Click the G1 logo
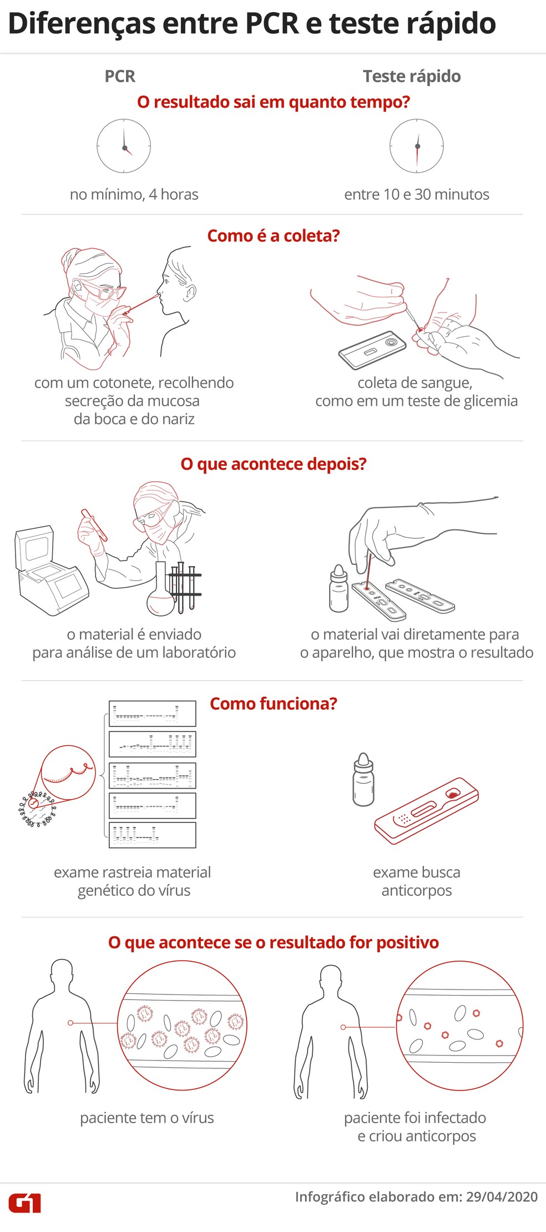(24, 1203)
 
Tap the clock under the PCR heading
(124, 146)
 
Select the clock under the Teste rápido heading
(417, 146)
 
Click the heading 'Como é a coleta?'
(273, 236)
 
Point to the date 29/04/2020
(502, 1196)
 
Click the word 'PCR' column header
(120, 76)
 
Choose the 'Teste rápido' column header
(412, 76)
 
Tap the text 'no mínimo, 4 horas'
(134, 194)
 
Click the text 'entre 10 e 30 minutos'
(417, 194)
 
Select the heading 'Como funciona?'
(273, 704)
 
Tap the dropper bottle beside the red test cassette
(363, 779)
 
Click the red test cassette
(426, 811)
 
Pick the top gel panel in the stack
(152, 714)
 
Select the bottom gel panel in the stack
(152, 835)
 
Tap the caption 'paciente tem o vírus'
(147, 1118)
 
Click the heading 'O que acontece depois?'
(273, 464)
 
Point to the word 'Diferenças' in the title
(82, 24)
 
